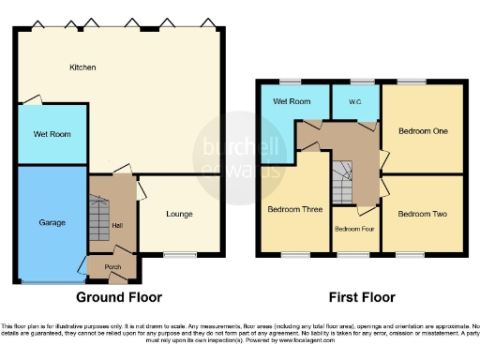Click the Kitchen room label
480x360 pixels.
(x=83, y=67)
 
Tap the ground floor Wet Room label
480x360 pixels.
(x=52, y=134)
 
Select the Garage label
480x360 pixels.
(x=52, y=223)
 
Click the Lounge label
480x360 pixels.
(x=179, y=214)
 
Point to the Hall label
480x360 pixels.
(x=117, y=226)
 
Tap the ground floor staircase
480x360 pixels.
(x=98, y=218)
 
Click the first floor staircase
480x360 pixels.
(x=343, y=180)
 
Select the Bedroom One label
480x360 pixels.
(x=422, y=130)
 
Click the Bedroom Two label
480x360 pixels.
(x=422, y=214)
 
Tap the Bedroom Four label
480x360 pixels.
(x=354, y=229)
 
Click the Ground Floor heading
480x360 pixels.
(x=118, y=297)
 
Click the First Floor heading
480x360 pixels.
(x=361, y=297)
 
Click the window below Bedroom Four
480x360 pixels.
(x=352, y=254)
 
